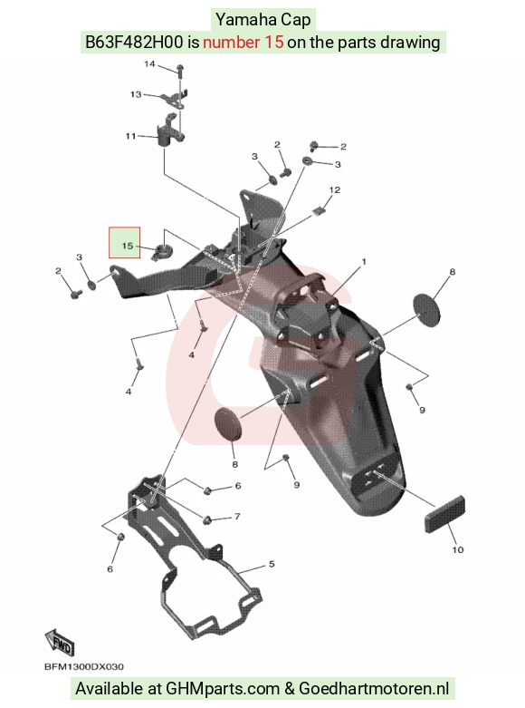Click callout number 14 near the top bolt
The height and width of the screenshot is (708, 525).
tap(149, 64)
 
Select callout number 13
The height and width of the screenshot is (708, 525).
tap(136, 94)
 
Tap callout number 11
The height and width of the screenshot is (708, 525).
tap(130, 136)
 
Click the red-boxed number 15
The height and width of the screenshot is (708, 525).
tap(128, 246)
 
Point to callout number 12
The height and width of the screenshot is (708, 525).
tap(335, 189)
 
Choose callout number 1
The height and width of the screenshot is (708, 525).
tap(364, 261)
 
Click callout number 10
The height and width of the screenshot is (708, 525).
tap(457, 549)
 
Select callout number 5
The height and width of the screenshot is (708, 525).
tap(272, 564)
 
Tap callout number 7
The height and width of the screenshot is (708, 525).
tap(237, 516)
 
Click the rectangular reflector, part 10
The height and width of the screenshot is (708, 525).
tap(444, 514)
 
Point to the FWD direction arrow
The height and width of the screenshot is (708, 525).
tap(59, 642)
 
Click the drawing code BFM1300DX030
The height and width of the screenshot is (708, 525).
tap(84, 666)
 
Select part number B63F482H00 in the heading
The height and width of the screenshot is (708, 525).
tap(134, 43)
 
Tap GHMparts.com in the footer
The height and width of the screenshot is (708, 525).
tap(223, 689)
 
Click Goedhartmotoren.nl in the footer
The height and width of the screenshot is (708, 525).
tap(374, 689)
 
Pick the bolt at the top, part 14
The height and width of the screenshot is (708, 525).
tap(180, 73)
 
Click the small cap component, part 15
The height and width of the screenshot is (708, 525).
tap(161, 250)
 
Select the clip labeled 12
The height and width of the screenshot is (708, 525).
tap(319, 211)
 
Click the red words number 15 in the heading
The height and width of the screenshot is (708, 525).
tap(243, 43)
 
